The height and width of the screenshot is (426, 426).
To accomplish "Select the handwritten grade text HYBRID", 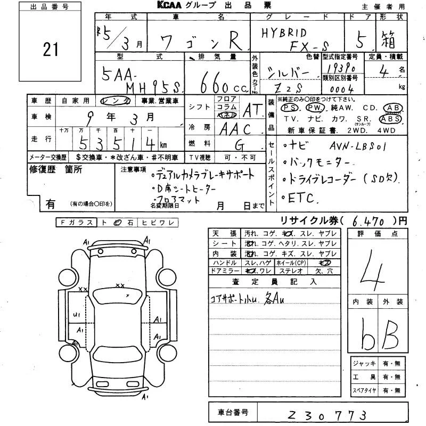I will point(283,32).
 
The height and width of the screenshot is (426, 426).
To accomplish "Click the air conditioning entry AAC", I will point(234,129).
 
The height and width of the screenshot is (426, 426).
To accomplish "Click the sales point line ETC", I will point(302,198).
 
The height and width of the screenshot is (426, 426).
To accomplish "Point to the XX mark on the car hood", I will point(120,285).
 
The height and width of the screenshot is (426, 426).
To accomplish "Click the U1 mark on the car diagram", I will point(77,315).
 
